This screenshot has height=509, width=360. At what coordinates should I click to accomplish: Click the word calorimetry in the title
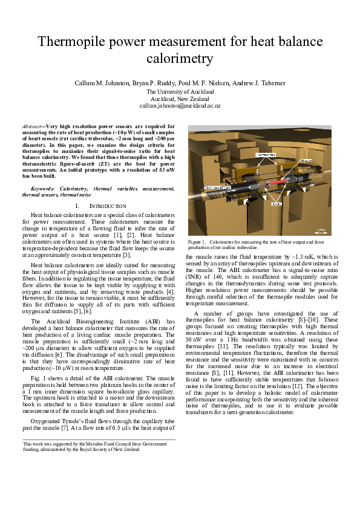point(180,59)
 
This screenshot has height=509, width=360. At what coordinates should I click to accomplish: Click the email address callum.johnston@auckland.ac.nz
point(180,105)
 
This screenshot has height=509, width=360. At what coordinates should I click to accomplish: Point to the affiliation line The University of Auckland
point(180,91)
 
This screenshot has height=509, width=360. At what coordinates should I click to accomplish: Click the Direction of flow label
point(218,188)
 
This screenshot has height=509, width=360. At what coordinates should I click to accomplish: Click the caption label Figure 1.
point(196,242)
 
